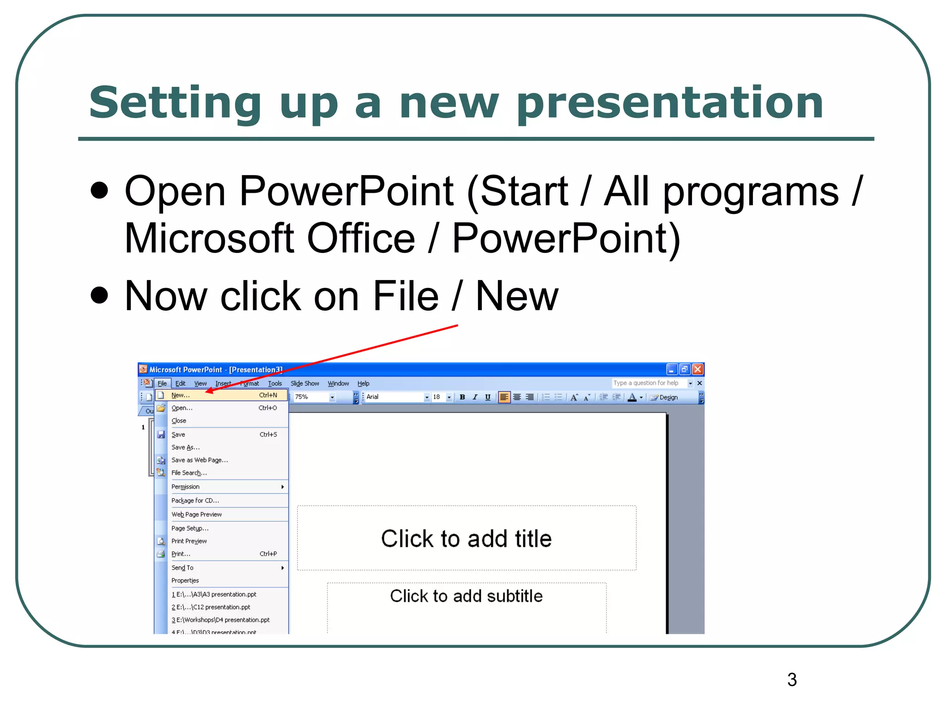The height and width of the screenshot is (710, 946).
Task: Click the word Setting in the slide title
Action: click(x=175, y=103)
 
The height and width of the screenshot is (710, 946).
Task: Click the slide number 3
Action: click(x=792, y=679)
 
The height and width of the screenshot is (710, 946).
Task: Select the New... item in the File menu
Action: click(x=181, y=395)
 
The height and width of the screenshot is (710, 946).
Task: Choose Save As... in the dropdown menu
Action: click(x=185, y=447)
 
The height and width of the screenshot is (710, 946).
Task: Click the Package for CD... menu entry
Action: click(x=195, y=501)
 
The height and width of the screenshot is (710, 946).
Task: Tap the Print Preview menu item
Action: click(x=189, y=541)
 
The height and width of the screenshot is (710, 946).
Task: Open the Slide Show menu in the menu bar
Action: click(x=304, y=383)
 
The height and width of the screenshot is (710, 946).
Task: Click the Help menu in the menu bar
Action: click(x=363, y=383)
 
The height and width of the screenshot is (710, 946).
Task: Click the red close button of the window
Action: click(x=697, y=369)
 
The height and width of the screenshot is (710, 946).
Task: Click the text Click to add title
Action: click(x=466, y=539)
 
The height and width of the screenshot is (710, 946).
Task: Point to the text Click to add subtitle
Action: click(x=466, y=596)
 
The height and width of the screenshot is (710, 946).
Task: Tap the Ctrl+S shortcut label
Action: click(x=268, y=435)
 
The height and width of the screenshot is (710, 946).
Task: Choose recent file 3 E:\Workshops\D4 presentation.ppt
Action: click(x=220, y=620)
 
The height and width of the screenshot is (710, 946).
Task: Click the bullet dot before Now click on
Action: click(x=99, y=295)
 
